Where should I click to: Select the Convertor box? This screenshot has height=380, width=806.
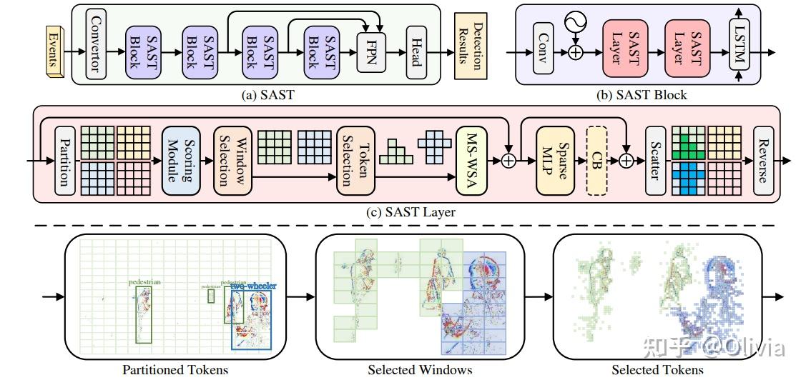click(94, 43)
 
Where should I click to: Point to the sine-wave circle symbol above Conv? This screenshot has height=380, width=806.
click(576, 23)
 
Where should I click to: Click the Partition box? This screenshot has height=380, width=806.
click(64, 161)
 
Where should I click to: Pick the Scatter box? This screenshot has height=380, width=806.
click(654, 161)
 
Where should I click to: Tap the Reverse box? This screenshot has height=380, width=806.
click(763, 161)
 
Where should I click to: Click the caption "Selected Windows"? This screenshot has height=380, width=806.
click(420, 369)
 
